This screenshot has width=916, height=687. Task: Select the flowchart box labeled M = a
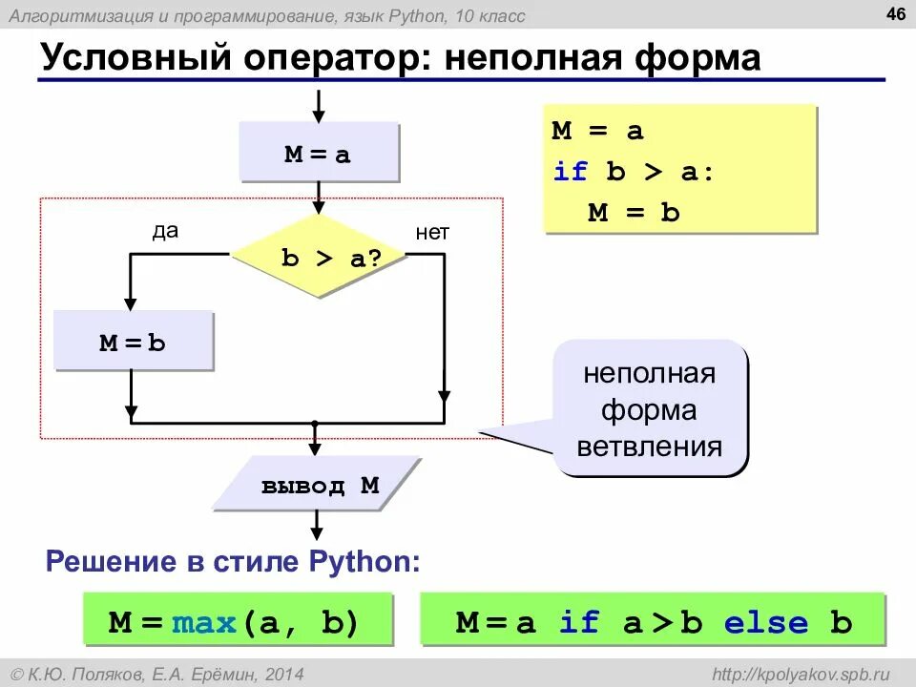(318, 153)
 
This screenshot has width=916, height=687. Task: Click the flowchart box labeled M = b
(133, 342)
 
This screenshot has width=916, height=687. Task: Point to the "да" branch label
(165, 232)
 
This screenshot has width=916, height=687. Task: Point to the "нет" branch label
(432, 232)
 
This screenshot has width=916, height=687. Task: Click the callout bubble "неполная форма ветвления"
(651, 408)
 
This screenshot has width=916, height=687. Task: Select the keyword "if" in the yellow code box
(571, 172)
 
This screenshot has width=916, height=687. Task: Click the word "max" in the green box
(204, 623)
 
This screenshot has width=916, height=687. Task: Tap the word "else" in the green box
(765, 623)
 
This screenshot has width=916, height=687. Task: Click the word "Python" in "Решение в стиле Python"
(363, 561)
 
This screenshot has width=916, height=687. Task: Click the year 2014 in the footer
(284, 674)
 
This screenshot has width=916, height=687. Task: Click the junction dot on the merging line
(315, 422)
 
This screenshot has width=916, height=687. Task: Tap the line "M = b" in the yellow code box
(634, 212)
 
